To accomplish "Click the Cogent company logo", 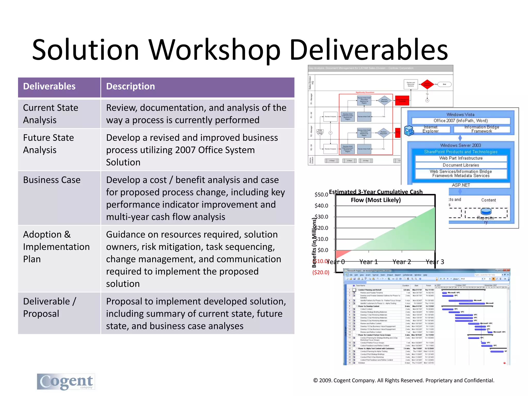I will [66, 382].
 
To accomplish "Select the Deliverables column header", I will [49, 86].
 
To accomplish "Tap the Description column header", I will [130, 86].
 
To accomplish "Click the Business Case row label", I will [52, 180].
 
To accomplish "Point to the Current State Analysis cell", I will [51, 114].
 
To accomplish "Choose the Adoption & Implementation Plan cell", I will [56, 247].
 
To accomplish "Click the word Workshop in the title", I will [214, 50].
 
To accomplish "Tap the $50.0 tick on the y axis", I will [321, 195].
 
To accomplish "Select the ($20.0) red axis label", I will [321, 272].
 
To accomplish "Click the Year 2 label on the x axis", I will [402, 262].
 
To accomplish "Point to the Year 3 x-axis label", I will [435, 262].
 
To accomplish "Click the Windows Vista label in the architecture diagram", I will [460, 114].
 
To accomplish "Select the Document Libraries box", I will [461, 165].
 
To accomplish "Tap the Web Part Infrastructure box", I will [461, 158].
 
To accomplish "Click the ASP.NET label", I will [461, 185].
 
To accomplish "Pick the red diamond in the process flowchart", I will [427, 84].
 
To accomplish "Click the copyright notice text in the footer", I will [404, 380].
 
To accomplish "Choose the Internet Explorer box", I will [431, 129].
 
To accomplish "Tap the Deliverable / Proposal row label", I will [49, 307].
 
